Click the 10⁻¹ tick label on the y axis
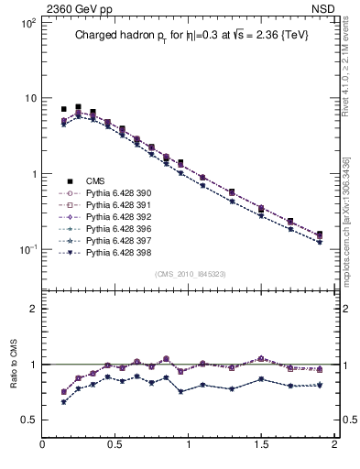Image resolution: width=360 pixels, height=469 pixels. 26,249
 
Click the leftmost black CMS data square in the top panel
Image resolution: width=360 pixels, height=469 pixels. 63,109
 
